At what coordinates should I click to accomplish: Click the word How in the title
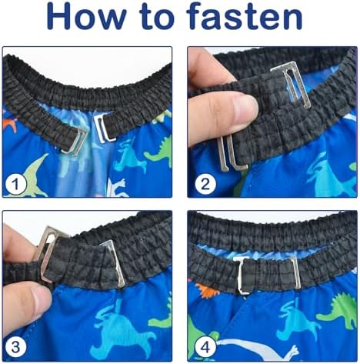pos(85,15)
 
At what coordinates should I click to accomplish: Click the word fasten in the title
pos(244,15)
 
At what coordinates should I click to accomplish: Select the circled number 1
pos(15,185)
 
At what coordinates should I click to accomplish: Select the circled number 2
pos(205,184)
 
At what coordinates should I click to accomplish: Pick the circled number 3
pos(15,347)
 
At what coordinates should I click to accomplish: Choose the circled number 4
pos(205,347)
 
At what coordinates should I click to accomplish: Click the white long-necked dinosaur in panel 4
pos(256,349)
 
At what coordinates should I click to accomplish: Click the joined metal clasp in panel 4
pos(267,274)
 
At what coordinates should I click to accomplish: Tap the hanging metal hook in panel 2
pos(232,153)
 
